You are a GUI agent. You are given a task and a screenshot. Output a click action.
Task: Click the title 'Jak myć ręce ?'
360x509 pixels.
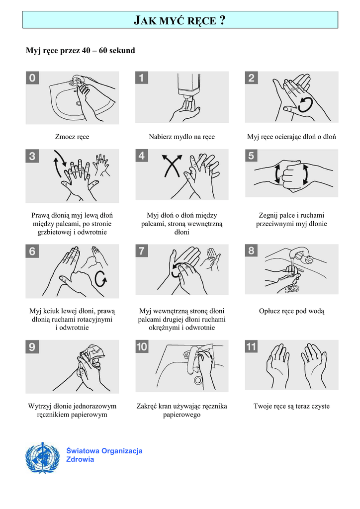[180, 20]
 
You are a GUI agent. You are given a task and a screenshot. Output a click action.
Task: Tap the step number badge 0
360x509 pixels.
[32, 78]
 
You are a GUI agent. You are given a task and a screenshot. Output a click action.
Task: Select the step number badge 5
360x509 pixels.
[251, 156]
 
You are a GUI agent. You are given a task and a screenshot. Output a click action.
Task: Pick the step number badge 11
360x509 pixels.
[251, 346]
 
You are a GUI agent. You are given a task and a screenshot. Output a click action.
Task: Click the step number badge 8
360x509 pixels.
[251, 251]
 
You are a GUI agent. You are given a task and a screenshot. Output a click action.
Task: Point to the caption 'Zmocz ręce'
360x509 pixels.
[72, 137]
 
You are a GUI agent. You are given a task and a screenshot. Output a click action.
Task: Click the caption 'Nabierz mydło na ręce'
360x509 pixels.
[182, 137]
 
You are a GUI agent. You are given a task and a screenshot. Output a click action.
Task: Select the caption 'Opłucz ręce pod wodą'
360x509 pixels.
[291, 311]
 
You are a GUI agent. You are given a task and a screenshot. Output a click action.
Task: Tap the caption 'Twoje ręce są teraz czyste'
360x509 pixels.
[291, 406]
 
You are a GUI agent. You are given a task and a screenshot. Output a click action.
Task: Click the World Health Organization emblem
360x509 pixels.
[42, 457]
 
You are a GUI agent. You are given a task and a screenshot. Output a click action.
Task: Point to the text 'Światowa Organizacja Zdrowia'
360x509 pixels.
[104, 455]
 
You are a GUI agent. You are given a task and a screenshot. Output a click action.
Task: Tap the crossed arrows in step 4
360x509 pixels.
[172, 166]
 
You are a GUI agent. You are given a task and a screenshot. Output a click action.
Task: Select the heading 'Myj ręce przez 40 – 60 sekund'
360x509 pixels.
[81, 51]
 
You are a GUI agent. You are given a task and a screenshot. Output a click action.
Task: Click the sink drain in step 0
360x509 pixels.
[79, 103]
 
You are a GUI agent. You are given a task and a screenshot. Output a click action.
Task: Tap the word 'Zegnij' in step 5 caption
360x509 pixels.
[268, 216]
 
